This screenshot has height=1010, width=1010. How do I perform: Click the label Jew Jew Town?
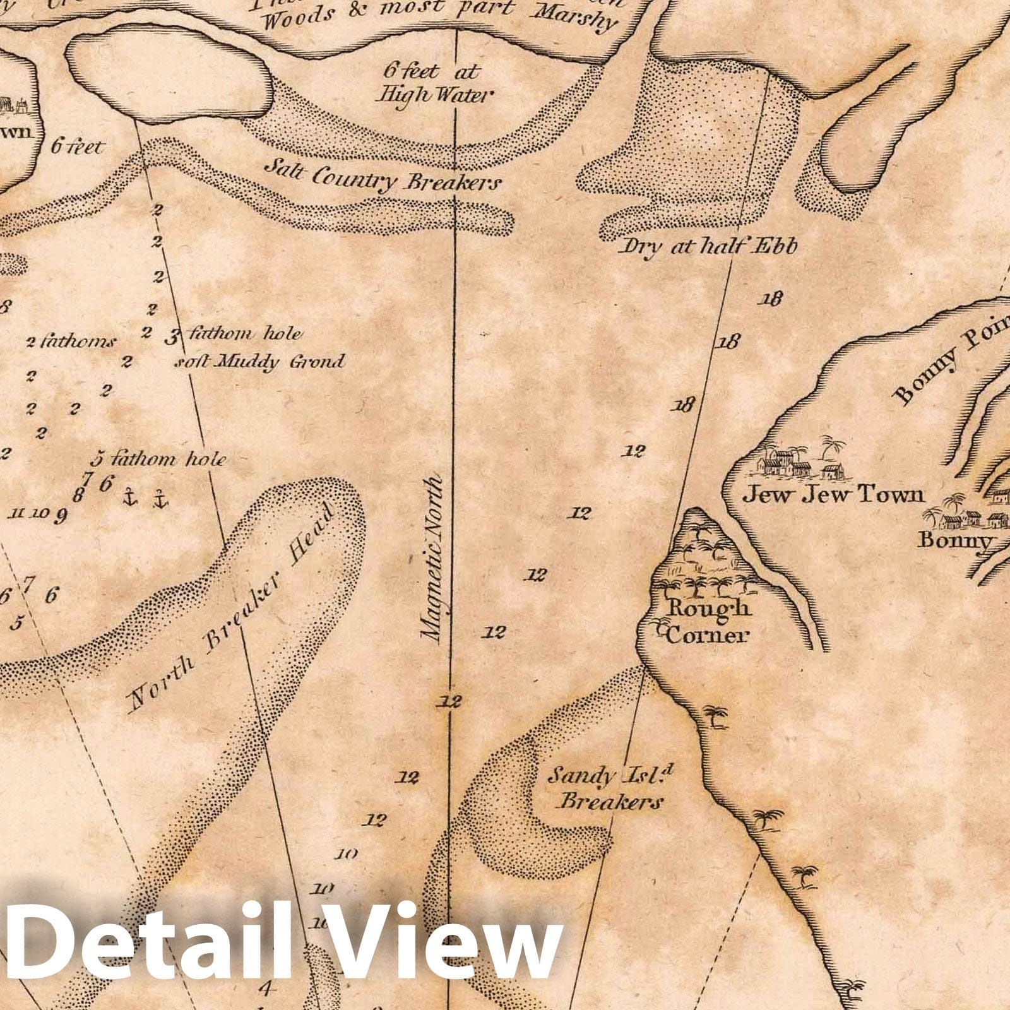click(832, 494)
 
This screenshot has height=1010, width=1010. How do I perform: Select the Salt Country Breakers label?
click(383, 175)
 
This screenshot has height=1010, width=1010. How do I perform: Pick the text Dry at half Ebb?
click(709, 246)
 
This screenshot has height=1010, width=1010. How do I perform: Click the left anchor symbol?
click(131, 497)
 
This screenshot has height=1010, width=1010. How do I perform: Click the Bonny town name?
click(955, 540)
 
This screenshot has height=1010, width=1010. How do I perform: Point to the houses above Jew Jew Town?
click(799, 461)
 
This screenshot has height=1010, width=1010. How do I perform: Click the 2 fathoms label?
click(71, 342)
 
